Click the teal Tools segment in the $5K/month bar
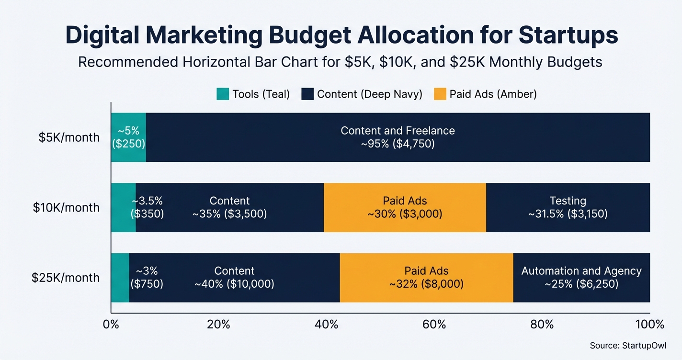(x=128, y=137)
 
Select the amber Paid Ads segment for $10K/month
(x=405, y=207)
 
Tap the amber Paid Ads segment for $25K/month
(x=426, y=278)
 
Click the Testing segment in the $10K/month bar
(x=568, y=207)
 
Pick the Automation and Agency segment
(x=581, y=278)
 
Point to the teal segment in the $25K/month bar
(x=120, y=278)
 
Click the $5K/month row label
(x=69, y=137)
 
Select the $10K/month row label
(x=66, y=207)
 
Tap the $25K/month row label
(x=66, y=278)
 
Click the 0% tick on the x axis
(x=111, y=325)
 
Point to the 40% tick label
(x=327, y=325)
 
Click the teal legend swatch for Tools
(x=223, y=94)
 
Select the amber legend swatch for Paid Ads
(x=440, y=94)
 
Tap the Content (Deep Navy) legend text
(x=369, y=94)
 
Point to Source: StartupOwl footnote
(x=628, y=345)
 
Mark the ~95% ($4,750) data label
(x=398, y=144)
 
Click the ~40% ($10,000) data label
(x=234, y=284)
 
